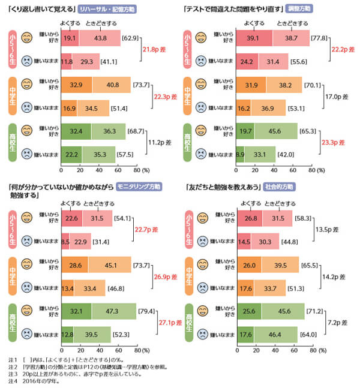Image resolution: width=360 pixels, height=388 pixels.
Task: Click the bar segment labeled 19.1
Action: tap(70, 38)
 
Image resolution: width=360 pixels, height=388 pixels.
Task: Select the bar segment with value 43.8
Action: tap(100, 38)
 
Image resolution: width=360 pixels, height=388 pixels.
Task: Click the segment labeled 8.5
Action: tap(65, 241)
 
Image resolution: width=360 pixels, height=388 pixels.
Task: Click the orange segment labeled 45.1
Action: tap(112, 264)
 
